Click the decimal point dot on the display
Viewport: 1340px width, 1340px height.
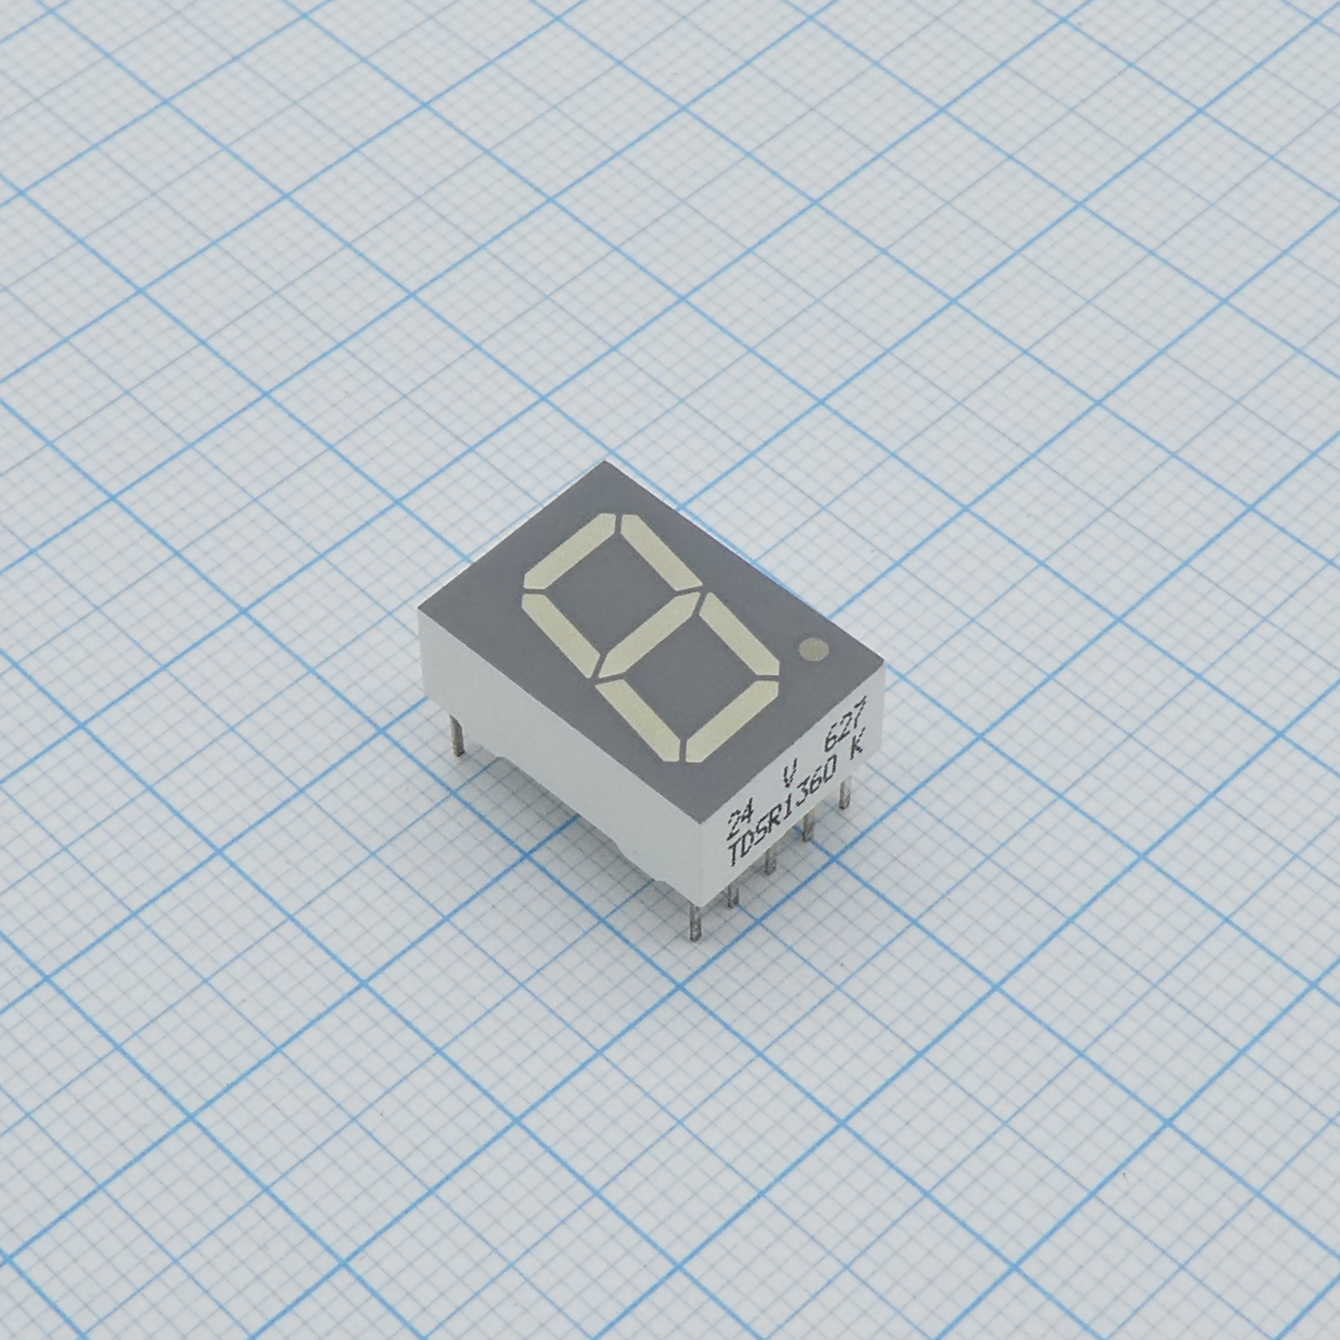[x=813, y=649]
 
